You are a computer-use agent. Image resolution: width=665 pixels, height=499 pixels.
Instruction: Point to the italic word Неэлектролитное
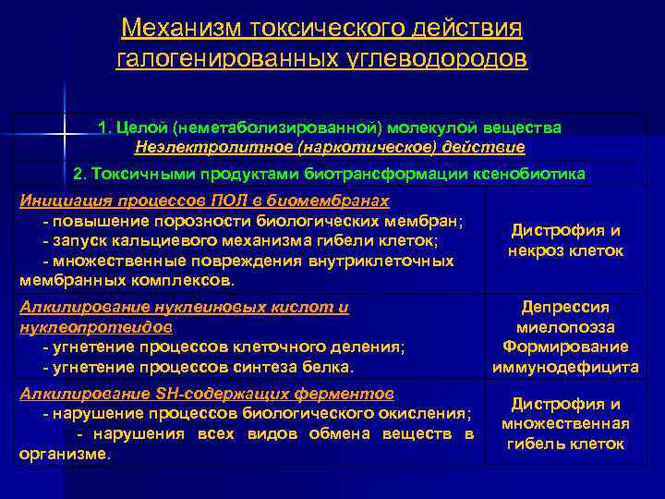point(191,146)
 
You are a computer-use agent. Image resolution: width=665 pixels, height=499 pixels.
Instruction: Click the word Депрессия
point(564,308)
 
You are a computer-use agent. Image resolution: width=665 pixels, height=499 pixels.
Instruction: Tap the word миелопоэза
point(564,327)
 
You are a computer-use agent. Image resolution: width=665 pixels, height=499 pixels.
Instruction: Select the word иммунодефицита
point(564,367)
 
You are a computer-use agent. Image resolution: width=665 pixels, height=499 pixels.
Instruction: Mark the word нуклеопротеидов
point(83,327)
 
